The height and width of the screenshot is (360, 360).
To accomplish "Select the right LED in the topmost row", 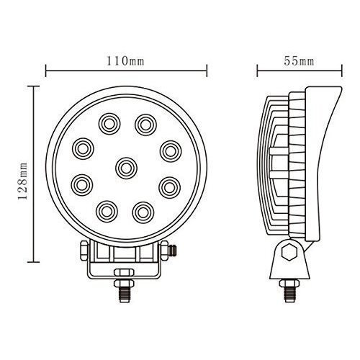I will click(146, 122).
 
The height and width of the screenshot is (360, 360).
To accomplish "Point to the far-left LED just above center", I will click(81, 149).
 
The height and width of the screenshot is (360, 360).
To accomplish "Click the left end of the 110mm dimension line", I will click(46, 71).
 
